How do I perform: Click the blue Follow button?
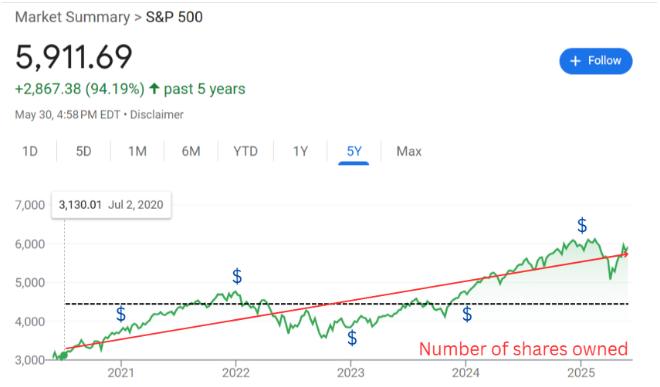[596, 61]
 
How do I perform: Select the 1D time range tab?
[30, 151]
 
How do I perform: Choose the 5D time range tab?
[83, 151]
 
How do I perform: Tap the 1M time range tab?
[137, 151]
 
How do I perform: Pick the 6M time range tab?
[191, 151]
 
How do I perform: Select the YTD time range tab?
[245, 151]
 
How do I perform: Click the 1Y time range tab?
[300, 151]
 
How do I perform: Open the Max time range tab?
[408, 151]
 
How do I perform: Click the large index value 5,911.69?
[74, 56]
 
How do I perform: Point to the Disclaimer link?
[157, 115]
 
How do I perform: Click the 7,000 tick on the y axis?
[30, 205]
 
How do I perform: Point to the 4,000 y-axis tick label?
[30, 321]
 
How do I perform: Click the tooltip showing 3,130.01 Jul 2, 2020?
[112, 206]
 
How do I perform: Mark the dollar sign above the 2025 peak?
[582, 226]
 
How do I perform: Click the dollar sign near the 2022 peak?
[237, 276]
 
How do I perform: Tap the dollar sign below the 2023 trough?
[352, 338]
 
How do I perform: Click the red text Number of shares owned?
[523, 349]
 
